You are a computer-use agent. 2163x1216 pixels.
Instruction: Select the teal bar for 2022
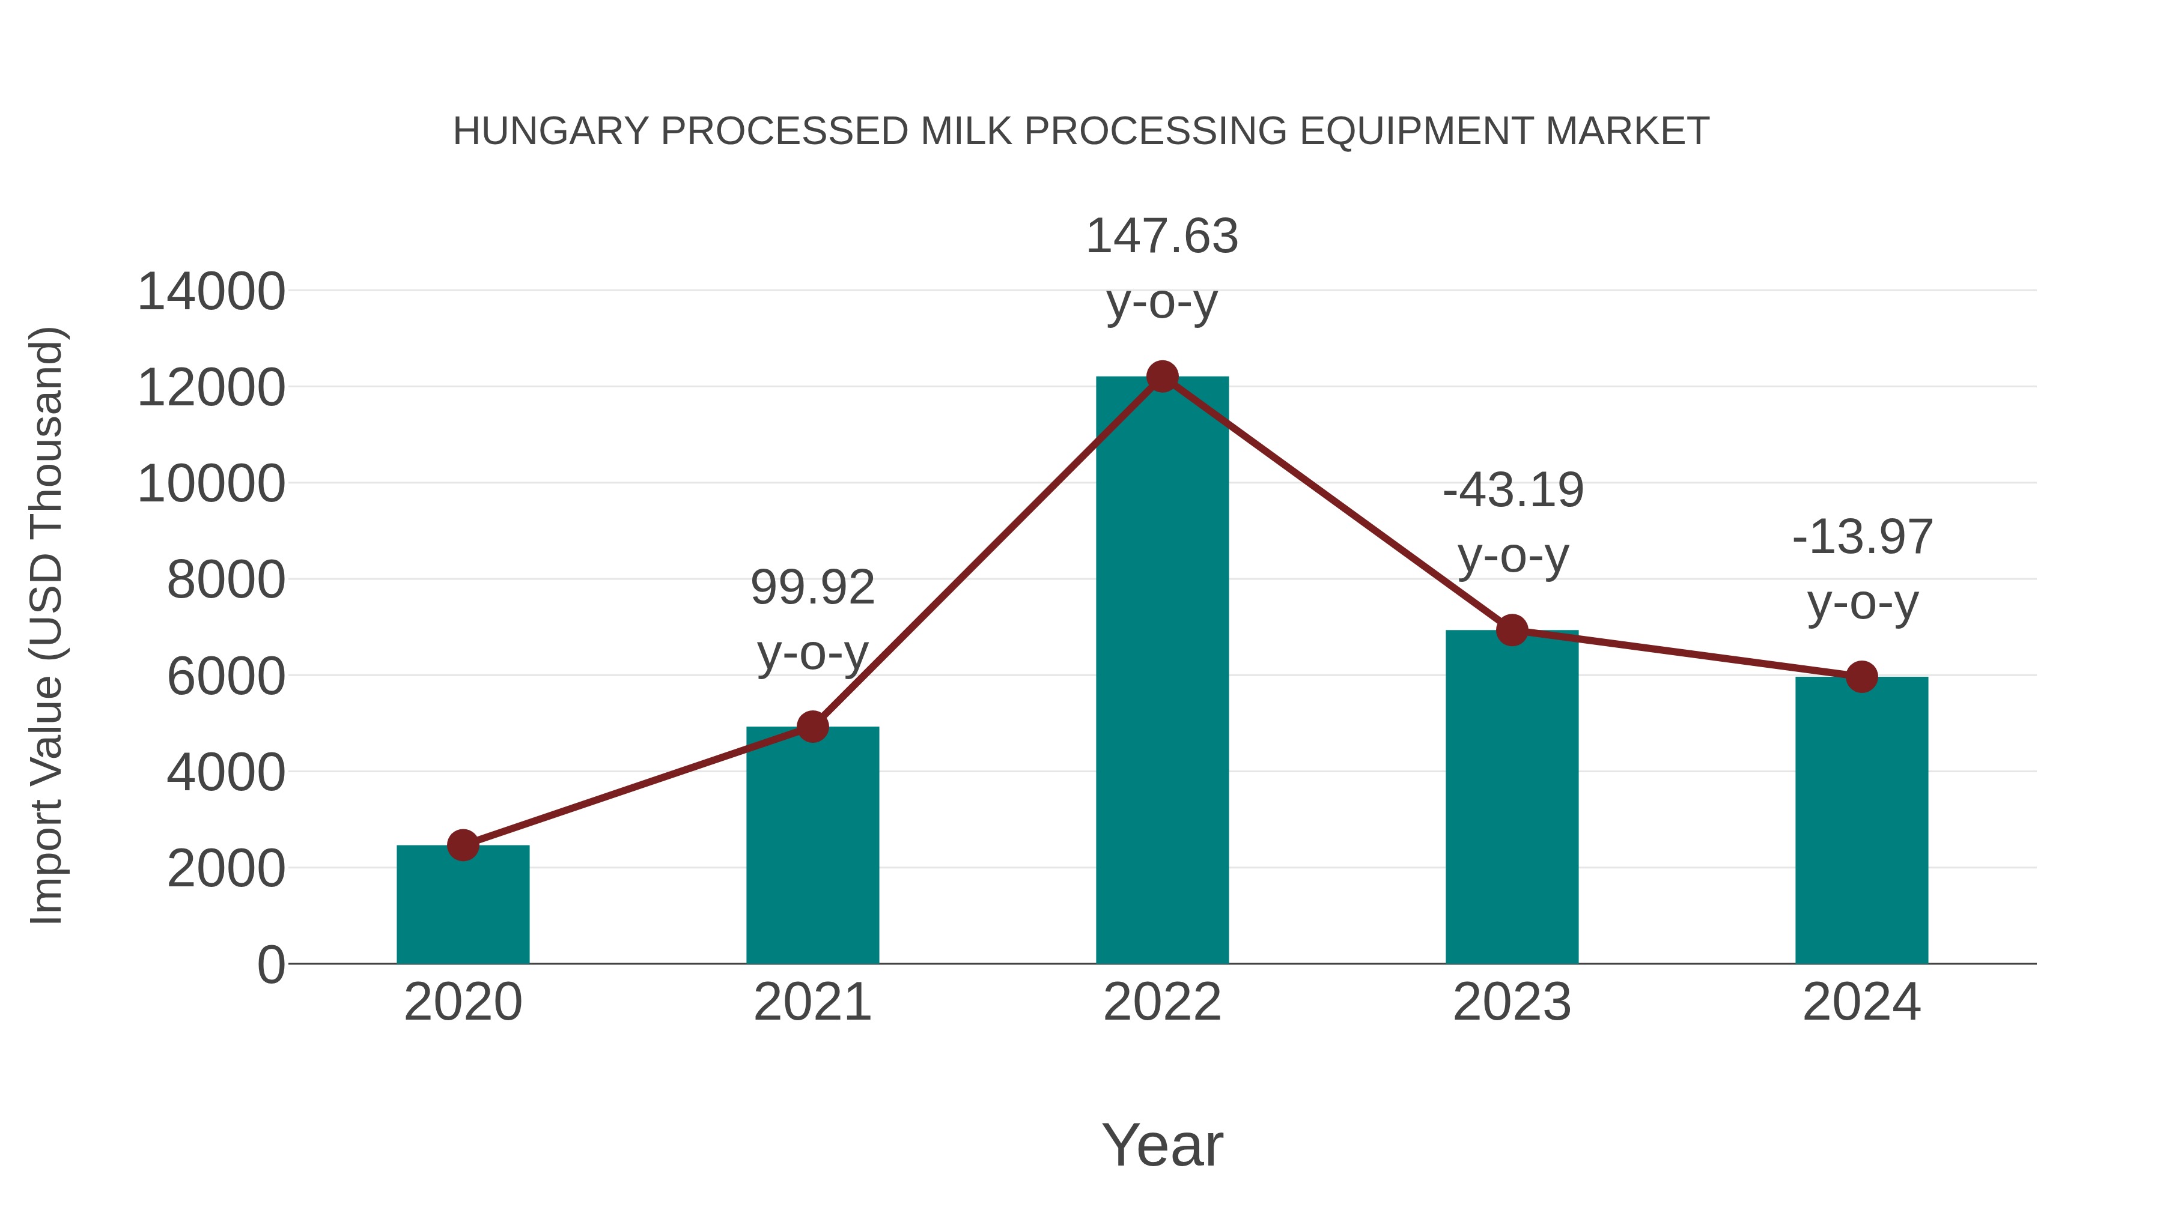click(x=1162, y=671)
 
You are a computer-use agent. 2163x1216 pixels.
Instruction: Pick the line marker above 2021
click(x=812, y=727)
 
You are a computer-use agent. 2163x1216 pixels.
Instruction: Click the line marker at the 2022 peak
click(x=1162, y=377)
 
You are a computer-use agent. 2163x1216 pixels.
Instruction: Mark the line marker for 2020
click(x=463, y=845)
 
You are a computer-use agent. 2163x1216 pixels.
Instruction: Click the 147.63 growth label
click(x=1162, y=237)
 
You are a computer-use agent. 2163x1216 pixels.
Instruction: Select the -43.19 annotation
click(x=1513, y=491)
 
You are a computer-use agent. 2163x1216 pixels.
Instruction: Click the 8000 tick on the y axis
click(x=226, y=580)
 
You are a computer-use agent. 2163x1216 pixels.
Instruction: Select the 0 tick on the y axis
click(x=271, y=965)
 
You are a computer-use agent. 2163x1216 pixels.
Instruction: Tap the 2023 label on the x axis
click(x=1512, y=1002)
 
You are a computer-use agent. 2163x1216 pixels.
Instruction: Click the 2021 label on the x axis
click(x=812, y=1002)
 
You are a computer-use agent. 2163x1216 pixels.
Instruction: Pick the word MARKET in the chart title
click(x=1626, y=132)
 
